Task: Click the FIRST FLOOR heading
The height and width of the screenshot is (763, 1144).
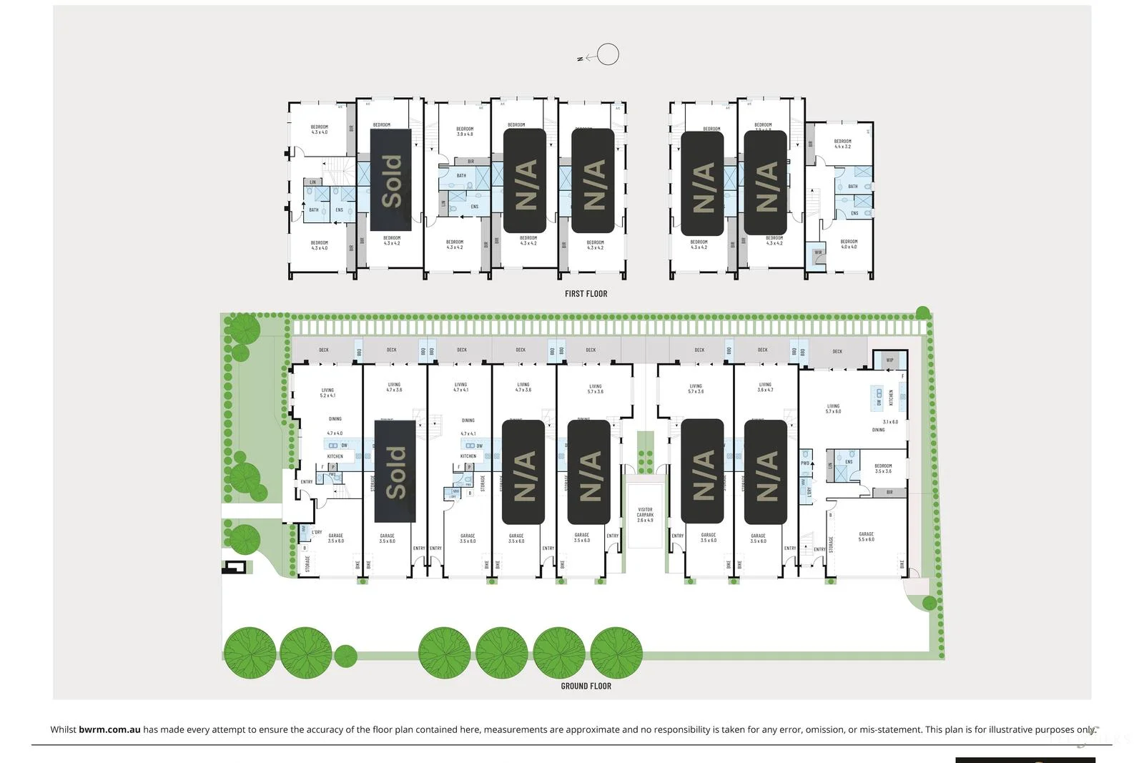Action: tap(586, 293)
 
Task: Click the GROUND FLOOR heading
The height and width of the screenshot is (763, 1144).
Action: tap(586, 686)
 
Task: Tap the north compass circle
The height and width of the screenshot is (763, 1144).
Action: tap(608, 54)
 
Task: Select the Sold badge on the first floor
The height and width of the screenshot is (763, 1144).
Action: tap(390, 181)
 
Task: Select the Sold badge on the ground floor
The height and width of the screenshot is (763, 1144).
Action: tap(395, 471)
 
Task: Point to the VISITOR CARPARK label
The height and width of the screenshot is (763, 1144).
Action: tap(645, 515)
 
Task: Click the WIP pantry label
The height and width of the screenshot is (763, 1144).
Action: tap(889, 360)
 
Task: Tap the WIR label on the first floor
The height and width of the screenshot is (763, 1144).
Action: tap(818, 252)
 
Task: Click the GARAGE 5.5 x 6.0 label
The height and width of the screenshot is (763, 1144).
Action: tap(866, 536)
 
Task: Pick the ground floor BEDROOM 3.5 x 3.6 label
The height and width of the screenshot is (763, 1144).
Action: tap(883, 468)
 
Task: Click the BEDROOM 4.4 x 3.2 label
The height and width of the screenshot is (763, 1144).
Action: tap(842, 144)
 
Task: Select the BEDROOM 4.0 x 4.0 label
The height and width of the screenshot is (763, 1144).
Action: tap(849, 244)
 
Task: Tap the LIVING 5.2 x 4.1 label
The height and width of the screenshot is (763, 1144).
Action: tap(327, 393)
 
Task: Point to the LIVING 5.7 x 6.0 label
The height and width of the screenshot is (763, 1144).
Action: tap(833, 408)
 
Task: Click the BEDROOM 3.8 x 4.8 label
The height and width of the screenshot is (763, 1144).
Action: tap(465, 132)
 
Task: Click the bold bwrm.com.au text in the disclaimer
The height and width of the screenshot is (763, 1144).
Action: tap(109, 729)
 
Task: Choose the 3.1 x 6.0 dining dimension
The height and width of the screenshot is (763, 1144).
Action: tap(890, 422)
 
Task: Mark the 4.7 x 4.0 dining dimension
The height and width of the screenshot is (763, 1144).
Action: tap(335, 433)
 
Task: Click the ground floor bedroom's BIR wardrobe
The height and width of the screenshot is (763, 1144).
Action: tap(889, 492)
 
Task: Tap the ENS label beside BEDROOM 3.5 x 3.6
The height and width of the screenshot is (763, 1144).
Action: tap(849, 462)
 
